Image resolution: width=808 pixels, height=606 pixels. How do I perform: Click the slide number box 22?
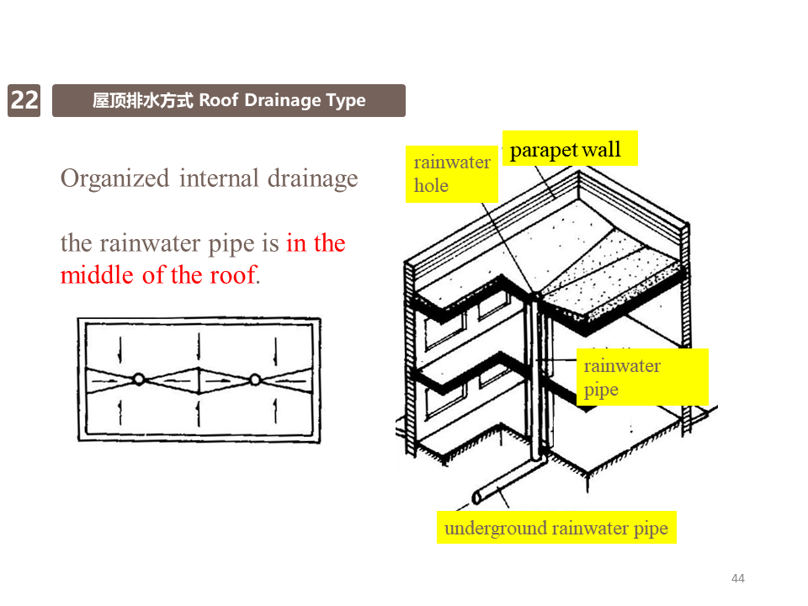click(24, 101)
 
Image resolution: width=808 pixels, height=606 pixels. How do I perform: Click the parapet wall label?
click(566, 150)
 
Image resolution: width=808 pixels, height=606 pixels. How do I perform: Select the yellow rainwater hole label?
click(452, 174)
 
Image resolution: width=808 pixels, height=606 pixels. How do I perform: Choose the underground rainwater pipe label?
click(556, 529)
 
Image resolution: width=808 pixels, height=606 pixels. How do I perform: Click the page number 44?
click(738, 578)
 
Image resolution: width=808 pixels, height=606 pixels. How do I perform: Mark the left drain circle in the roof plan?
click(140, 380)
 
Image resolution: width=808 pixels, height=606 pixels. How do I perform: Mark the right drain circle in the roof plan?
click(255, 380)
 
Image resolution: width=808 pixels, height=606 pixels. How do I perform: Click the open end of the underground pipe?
click(476, 497)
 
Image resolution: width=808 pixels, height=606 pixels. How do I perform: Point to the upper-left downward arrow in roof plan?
click(120, 346)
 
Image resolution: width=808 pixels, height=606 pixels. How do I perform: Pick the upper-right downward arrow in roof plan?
click(275, 346)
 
